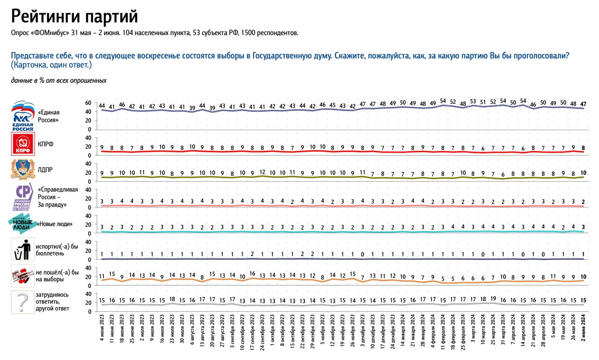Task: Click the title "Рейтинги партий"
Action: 74,17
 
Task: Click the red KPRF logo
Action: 22,144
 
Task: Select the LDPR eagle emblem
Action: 22,169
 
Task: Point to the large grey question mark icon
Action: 22,301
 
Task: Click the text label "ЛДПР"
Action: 46,169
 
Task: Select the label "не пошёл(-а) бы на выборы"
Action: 57,275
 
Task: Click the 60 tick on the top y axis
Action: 88,103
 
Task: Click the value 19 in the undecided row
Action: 493,299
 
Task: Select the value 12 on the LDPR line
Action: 263,172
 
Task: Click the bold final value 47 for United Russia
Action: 583,104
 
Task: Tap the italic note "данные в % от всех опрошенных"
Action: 59,81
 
